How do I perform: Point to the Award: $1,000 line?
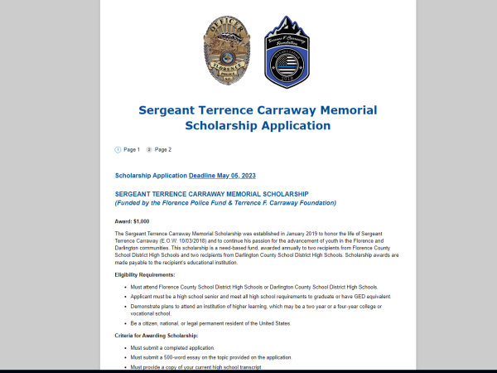[132, 221]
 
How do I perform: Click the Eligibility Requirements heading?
[145, 274]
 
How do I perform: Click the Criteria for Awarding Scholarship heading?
[157, 335]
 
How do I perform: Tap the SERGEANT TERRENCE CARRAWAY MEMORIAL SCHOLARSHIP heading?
[211, 194]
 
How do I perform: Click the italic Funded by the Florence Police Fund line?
[225, 203]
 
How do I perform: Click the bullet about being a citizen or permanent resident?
[210, 323]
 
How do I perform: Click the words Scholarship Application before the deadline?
[151, 176]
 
